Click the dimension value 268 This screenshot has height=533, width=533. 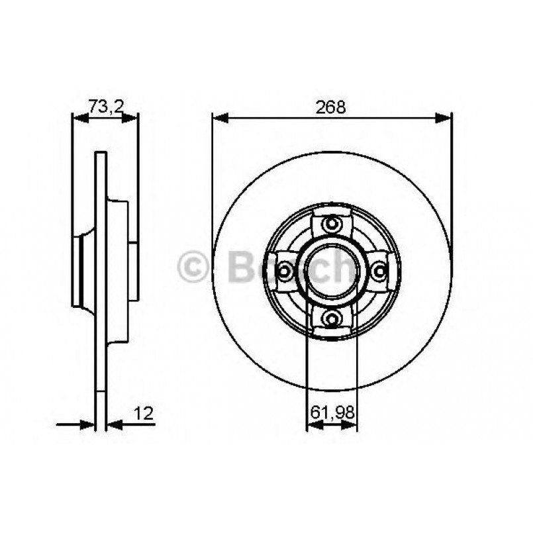[332, 107]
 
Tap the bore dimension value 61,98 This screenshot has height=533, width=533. [332, 414]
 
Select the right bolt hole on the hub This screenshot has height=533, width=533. [379, 270]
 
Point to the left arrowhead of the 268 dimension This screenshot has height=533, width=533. [219, 118]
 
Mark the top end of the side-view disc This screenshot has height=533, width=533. [101, 155]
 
